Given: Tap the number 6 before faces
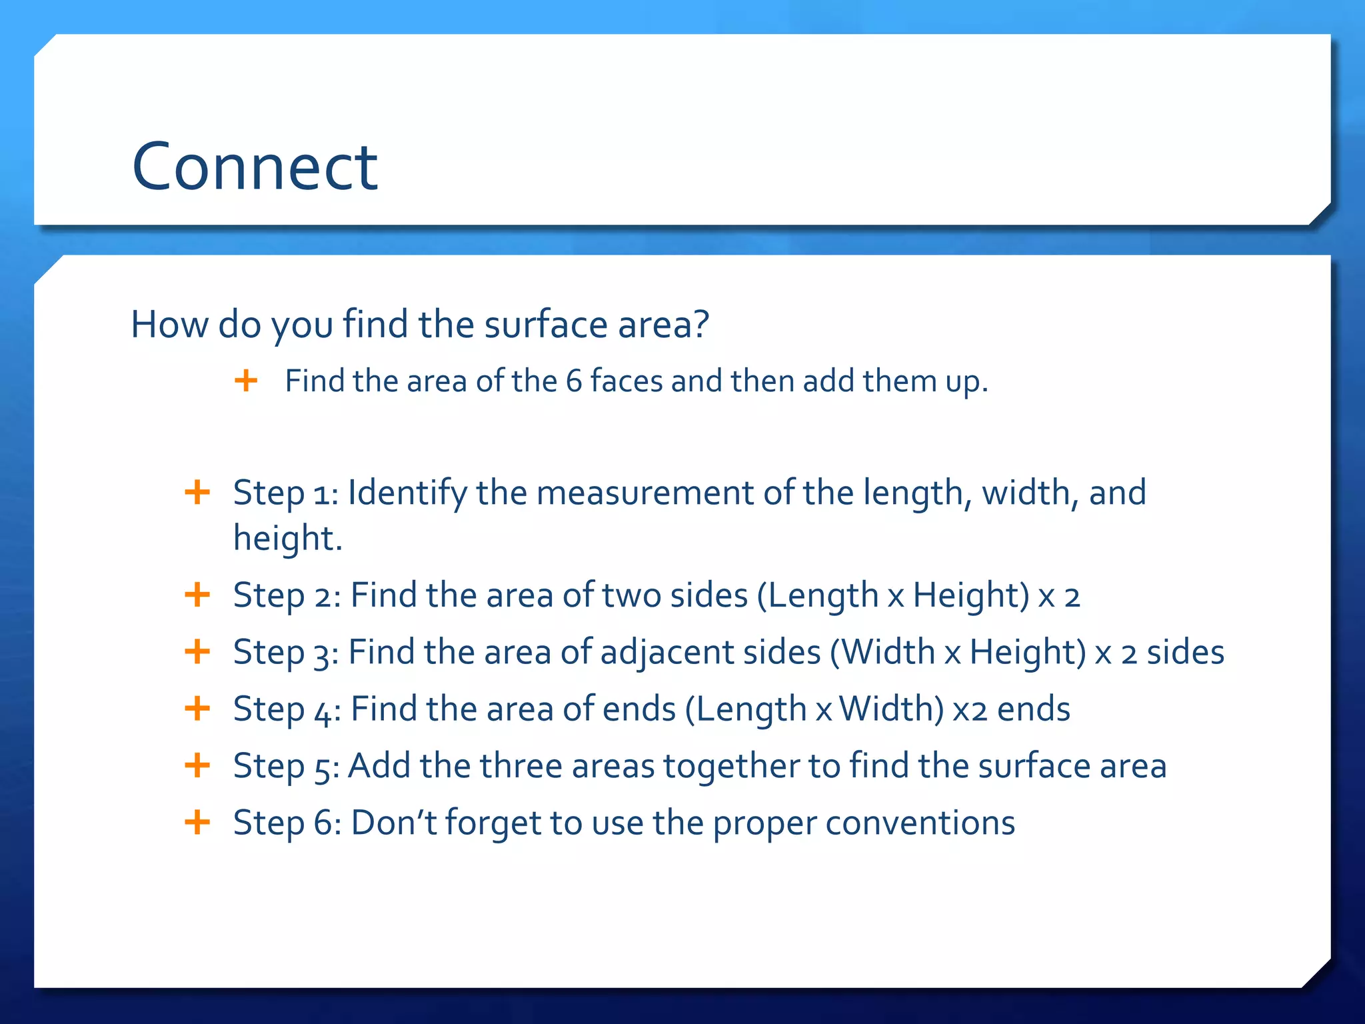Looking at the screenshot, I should coord(574,381).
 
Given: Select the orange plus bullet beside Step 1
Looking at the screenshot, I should coord(197,493).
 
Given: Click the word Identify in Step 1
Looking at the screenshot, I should coord(407,493).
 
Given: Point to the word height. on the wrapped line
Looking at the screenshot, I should coord(287,538).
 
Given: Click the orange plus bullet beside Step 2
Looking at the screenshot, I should coord(197,595).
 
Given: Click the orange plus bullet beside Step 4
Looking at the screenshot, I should coord(197,708).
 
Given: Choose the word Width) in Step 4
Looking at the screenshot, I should coord(891,709).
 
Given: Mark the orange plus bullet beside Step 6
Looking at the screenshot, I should coord(197,822).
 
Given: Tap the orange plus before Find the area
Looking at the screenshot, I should coord(246,381).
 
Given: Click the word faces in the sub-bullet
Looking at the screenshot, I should coord(627,381).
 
